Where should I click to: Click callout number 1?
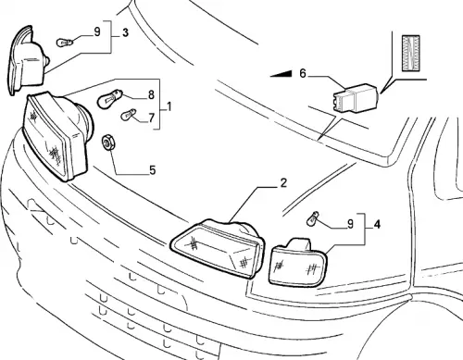169,107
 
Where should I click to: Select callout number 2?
283,183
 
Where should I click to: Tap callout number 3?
125,32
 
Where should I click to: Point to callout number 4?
377,224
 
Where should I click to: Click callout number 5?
153,170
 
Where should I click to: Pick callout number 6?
303,74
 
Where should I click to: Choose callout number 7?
151,118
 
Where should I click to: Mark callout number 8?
151,94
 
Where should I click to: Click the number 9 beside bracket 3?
97,31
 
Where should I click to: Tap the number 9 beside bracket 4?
350,224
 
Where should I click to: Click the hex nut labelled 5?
108,143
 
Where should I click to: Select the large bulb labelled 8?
110,98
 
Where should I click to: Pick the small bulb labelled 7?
129,115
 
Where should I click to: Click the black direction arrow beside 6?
281,74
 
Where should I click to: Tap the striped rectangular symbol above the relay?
411,53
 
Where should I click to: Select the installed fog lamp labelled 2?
218,248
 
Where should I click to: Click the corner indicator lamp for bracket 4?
297,262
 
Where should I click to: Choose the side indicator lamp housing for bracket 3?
27,61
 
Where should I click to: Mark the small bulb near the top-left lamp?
65,43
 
